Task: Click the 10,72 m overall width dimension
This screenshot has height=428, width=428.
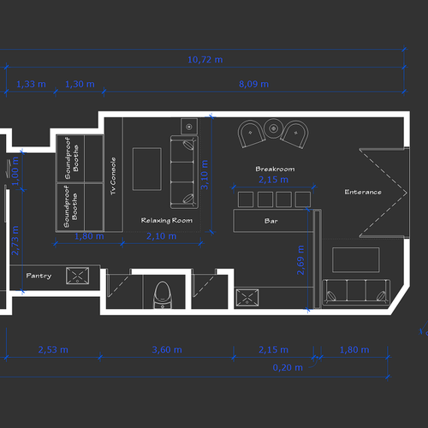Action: point(205,60)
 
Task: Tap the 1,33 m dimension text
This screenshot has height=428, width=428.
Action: point(31,84)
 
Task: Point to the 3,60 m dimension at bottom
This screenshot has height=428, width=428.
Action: point(165,350)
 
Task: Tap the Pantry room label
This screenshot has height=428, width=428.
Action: point(39,276)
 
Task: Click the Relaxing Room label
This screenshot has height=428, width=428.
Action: point(166,220)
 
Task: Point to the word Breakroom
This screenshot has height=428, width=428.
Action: point(275,169)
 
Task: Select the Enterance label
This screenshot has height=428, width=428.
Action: point(363,192)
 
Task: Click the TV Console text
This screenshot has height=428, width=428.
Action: point(113,176)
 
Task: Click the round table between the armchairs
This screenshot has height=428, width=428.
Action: point(273,128)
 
